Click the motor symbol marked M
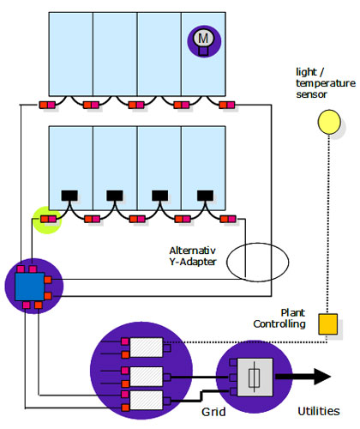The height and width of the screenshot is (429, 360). pyautogui.click(x=203, y=40)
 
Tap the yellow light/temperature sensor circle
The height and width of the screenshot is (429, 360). pyautogui.click(x=329, y=122)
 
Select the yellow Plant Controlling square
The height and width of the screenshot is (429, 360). pyautogui.click(x=328, y=323)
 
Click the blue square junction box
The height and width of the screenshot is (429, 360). pyautogui.click(x=30, y=287)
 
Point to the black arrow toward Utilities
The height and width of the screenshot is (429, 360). pyautogui.click(x=303, y=377)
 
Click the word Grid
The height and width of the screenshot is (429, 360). pyautogui.click(x=213, y=412)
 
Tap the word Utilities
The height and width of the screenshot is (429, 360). pyautogui.click(x=319, y=411)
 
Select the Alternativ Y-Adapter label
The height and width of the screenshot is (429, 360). pyautogui.click(x=193, y=256)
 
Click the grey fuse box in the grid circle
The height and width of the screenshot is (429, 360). pyautogui.click(x=255, y=377)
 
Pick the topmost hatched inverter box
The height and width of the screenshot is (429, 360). pyautogui.click(x=147, y=347)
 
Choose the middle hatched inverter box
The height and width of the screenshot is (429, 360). pyautogui.click(x=147, y=377)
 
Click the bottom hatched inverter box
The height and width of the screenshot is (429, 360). pyautogui.click(x=147, y=400)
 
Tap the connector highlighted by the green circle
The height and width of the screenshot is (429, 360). pyautogui.click(x=48, y=220)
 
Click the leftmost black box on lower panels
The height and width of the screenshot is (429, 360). pyautogui.click(x=69, y=196)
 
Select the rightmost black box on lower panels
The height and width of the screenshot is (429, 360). pyautogui.click(x=205, y=196)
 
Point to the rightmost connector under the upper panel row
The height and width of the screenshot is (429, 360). pyautogui.click(x=227, y=105)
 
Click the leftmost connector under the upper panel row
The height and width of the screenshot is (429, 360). pyautogui.click(x=47, y=105)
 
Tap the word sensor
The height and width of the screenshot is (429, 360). pyautogui.click(x=311, y=94)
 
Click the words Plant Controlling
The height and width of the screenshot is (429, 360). pyautogui.click(x=279, y=318)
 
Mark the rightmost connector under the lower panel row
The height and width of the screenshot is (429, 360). pyautogui.click(x=228, y=220)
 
